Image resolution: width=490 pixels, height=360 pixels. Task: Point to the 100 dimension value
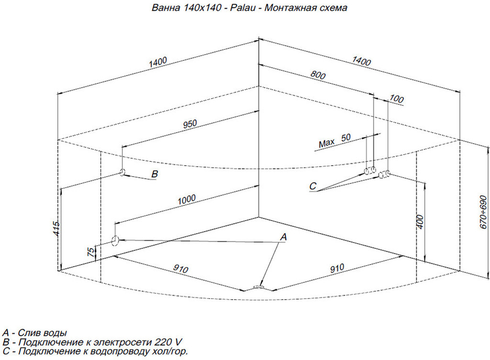(x=396, y=99)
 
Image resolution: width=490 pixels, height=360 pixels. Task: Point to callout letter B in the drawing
(x=154, y=173)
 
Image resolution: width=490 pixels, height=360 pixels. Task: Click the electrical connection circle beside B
(x=122, y=172)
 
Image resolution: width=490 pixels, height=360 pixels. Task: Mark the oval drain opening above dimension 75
(x=115, y=240)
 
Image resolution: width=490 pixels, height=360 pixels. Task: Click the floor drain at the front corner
(x=258, y=287)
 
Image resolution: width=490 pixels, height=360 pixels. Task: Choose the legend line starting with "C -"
(x=95, y=351)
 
